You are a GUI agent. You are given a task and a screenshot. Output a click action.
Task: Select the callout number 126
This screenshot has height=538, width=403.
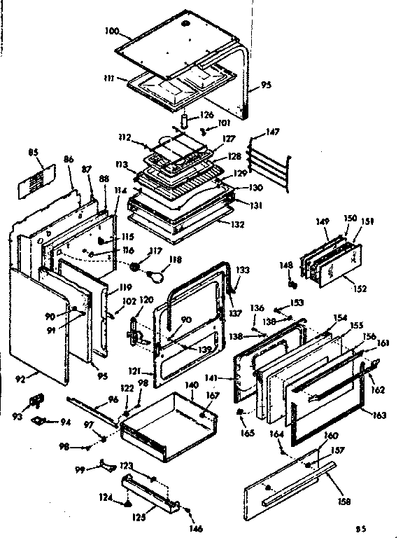click(206, 116)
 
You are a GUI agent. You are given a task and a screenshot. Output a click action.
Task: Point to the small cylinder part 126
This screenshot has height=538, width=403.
click(185, 120)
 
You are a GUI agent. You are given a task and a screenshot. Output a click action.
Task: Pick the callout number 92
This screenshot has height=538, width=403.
click(20, 380)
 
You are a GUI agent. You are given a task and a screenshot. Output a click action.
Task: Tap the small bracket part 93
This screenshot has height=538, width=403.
click(34, 401)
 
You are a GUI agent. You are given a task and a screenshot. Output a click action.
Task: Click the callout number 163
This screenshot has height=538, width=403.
click(379, 415)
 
